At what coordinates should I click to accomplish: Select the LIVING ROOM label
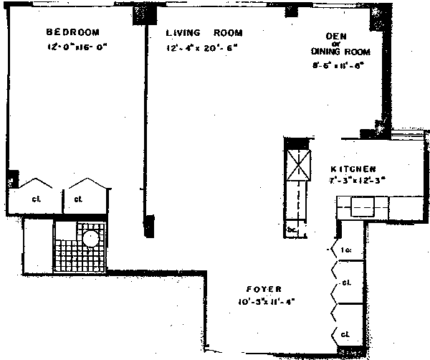(204, 33)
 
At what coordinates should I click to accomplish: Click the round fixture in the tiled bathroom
(91, 239)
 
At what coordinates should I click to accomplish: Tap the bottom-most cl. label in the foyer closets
(345, 334)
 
